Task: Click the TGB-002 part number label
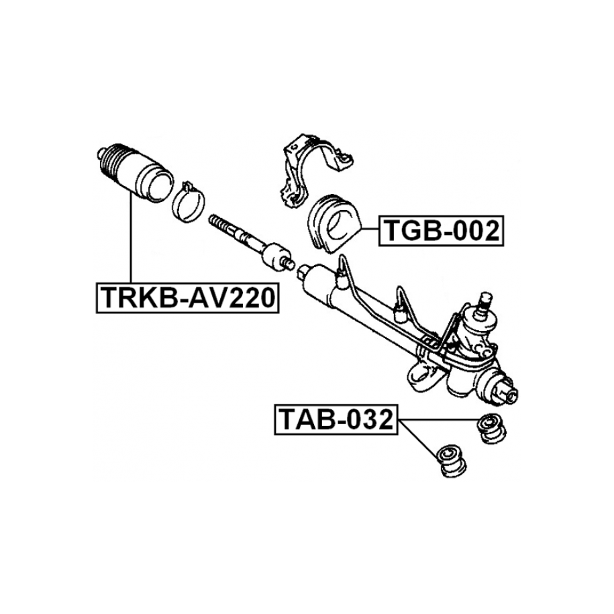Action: point(441,231)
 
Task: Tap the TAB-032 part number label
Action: point(336,419)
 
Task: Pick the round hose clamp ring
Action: point(189,202)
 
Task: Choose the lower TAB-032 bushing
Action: point(452,461)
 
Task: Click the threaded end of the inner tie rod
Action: point(219,224)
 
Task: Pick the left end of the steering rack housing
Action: point(304,271)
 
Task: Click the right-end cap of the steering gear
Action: point(507,393)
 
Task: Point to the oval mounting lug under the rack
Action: point(422,372)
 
